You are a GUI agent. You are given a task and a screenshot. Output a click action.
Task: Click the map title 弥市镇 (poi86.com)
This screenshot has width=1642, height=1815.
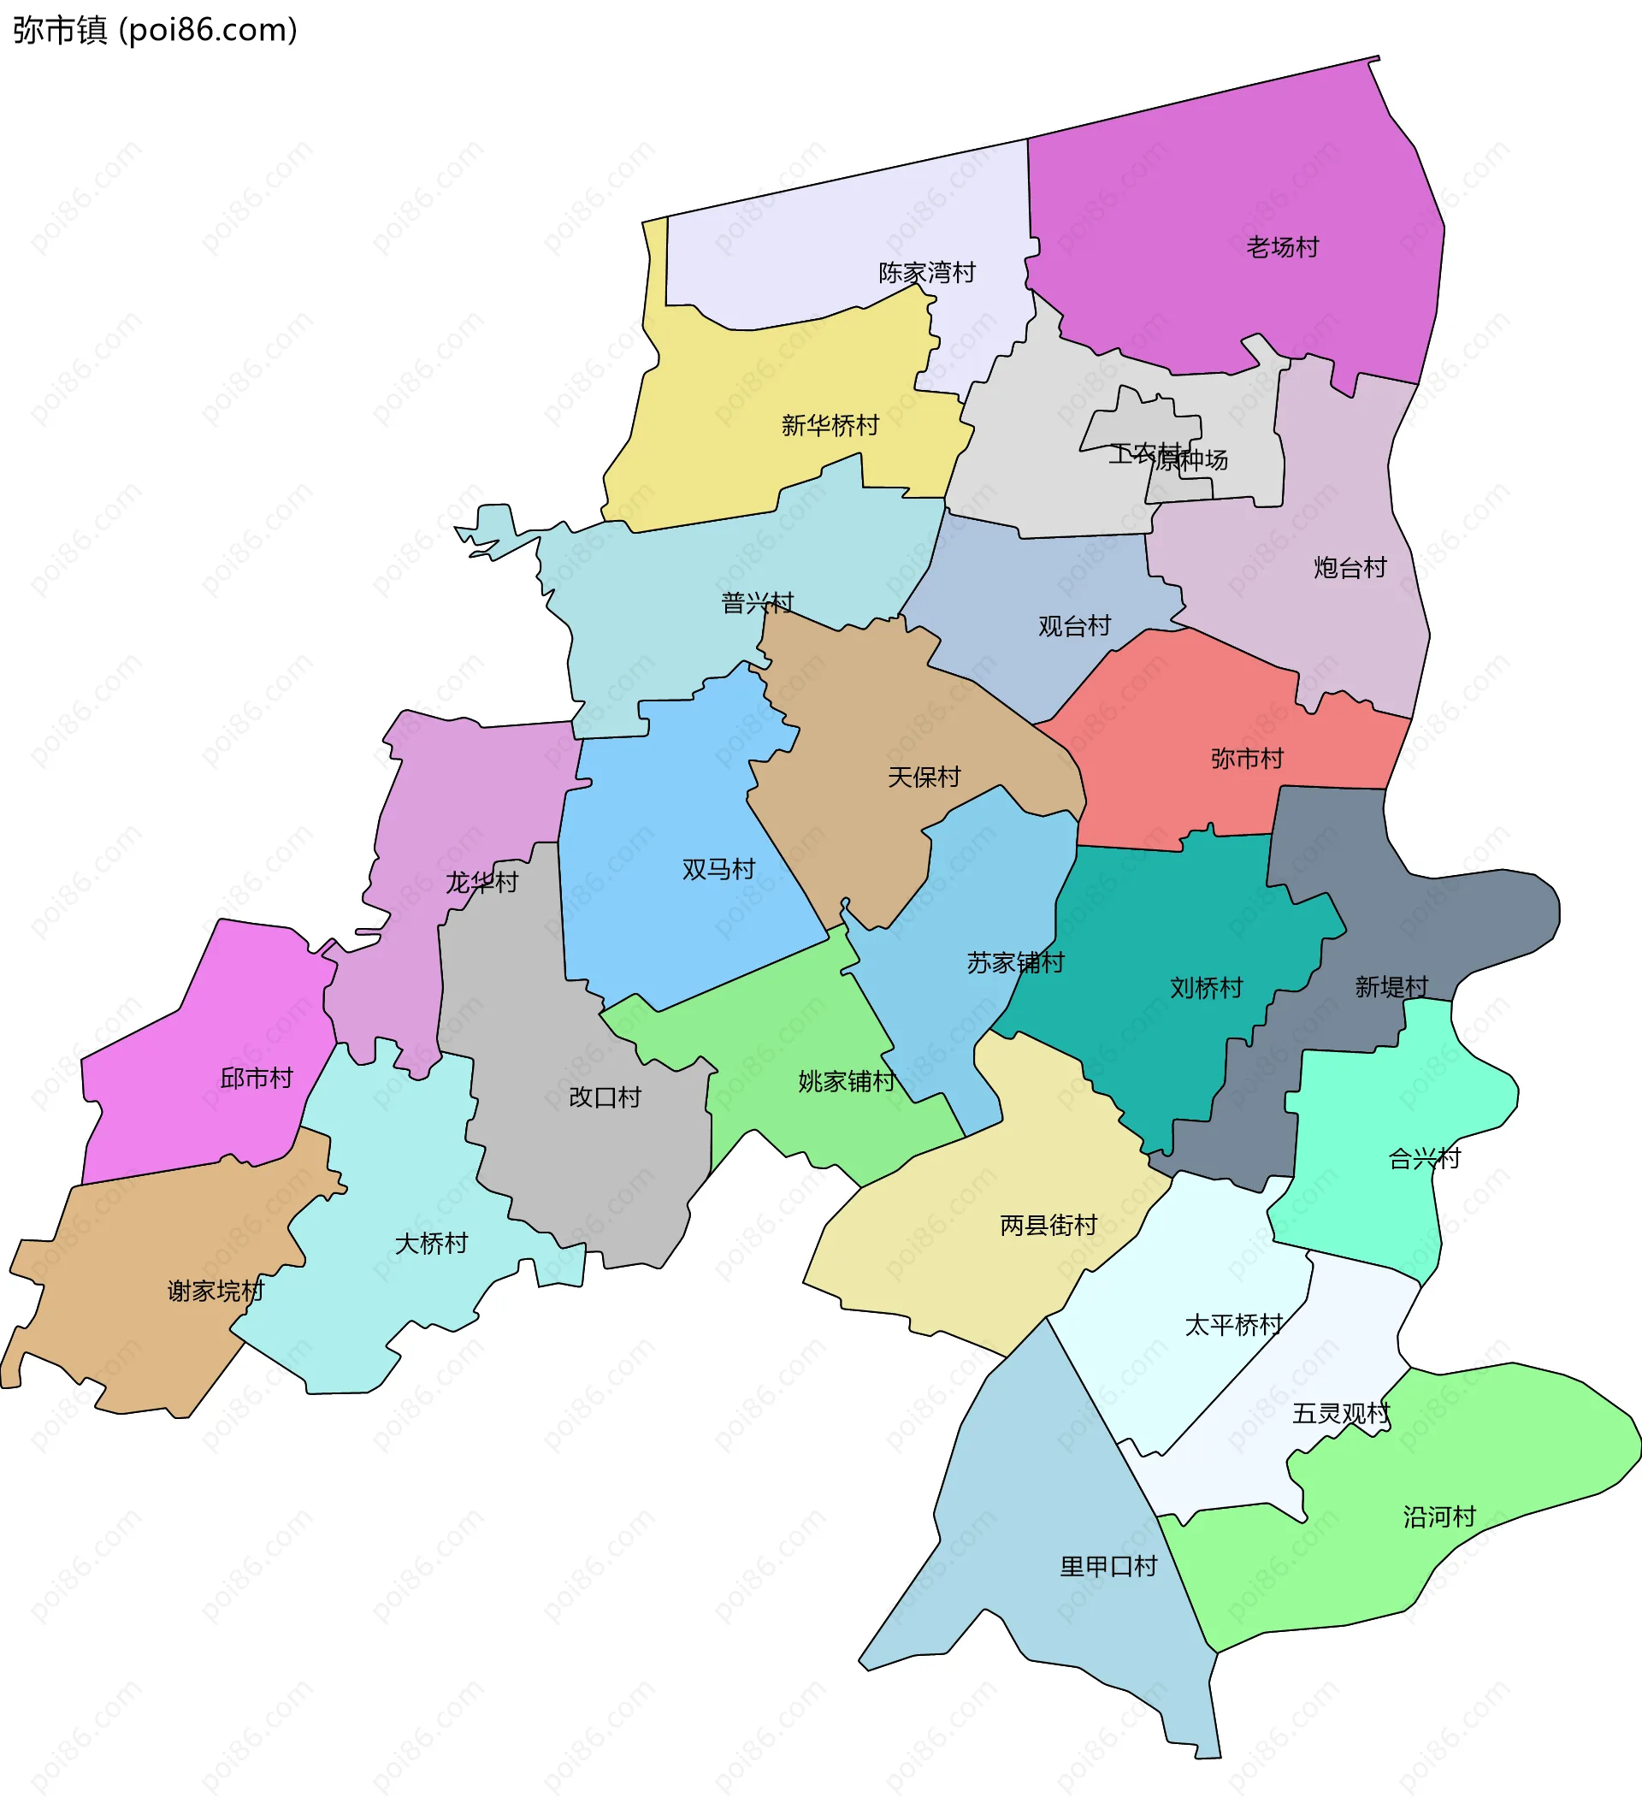pos(155,31)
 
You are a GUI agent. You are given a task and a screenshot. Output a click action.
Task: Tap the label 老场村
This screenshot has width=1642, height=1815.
pos(1282,246)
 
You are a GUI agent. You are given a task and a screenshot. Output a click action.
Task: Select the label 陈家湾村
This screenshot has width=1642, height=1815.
pos(926,272)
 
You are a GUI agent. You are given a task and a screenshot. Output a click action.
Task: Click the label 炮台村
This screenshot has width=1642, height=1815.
pos(1350,567)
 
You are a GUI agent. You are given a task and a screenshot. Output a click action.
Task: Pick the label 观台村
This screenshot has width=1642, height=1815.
pos(1074,626)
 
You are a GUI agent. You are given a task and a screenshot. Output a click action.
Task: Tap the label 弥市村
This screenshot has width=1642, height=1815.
pos(1246,759)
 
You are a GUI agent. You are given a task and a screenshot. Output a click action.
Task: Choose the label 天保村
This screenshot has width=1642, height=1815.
pos(924,777)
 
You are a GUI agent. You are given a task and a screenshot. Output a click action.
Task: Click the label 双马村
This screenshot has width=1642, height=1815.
pos(718,869)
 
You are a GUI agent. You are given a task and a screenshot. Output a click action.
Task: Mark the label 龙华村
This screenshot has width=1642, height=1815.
pos(481,883)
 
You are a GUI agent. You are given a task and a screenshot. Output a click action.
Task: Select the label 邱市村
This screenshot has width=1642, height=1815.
pos(257,1078)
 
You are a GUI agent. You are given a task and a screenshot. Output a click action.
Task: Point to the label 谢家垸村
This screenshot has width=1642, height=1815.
pos(216,1291)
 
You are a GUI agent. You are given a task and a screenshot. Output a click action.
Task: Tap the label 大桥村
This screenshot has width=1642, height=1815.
pos(431,1244)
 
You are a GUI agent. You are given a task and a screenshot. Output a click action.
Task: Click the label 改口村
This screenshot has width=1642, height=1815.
pos(604,1097)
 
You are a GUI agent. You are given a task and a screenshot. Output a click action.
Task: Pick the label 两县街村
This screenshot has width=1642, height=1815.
pos(1048,1225)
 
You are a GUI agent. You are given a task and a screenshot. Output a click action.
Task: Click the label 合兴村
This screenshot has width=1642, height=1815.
pos(1424,1159)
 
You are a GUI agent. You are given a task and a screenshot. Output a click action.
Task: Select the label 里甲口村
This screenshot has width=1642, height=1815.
pos(1107,1566)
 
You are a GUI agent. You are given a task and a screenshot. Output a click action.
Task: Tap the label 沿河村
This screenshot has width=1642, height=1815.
pos(1438,1517)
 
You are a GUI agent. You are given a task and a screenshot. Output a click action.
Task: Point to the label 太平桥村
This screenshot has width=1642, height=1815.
pos(1232,1324)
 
